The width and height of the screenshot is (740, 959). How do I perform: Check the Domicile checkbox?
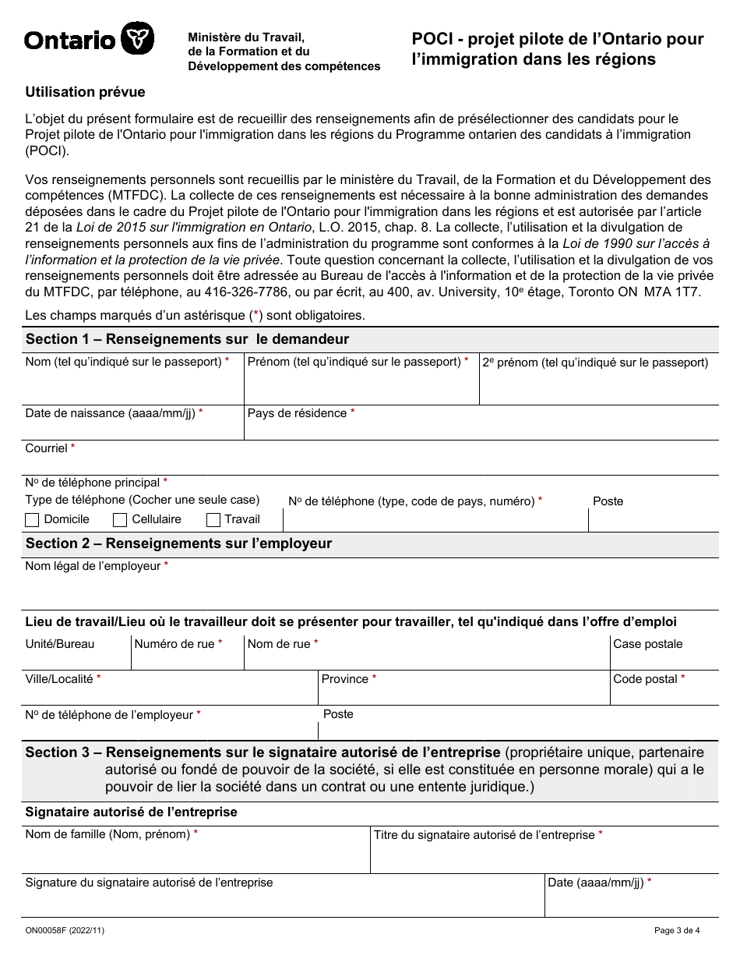(x=32, y=520)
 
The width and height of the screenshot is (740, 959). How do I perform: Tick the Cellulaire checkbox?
(x=120, y=520)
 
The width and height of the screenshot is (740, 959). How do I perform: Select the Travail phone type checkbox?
(x=213, y=520)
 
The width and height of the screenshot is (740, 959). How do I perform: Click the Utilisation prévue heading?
(x=85, y=92)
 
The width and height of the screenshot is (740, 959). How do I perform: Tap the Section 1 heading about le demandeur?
(x=187, y=339)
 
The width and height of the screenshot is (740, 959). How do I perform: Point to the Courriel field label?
(x=47, y=448)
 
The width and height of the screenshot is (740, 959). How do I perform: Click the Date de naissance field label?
(x=110, y=413)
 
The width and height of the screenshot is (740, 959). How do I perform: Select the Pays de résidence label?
(x=297, y=413)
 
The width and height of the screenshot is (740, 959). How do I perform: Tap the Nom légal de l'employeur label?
(x=93, y=566)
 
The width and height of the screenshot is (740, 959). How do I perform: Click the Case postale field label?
(x=647, y=644)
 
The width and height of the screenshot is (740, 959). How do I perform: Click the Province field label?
(x=345, y=679)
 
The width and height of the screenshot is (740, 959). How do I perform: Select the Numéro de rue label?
(x=174, y=644)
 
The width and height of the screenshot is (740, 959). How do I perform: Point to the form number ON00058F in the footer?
(x=48, y=930)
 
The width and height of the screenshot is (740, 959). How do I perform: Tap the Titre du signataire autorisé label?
(x=484, y=835)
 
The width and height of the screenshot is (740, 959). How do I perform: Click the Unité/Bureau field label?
(x=60, y=644)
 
